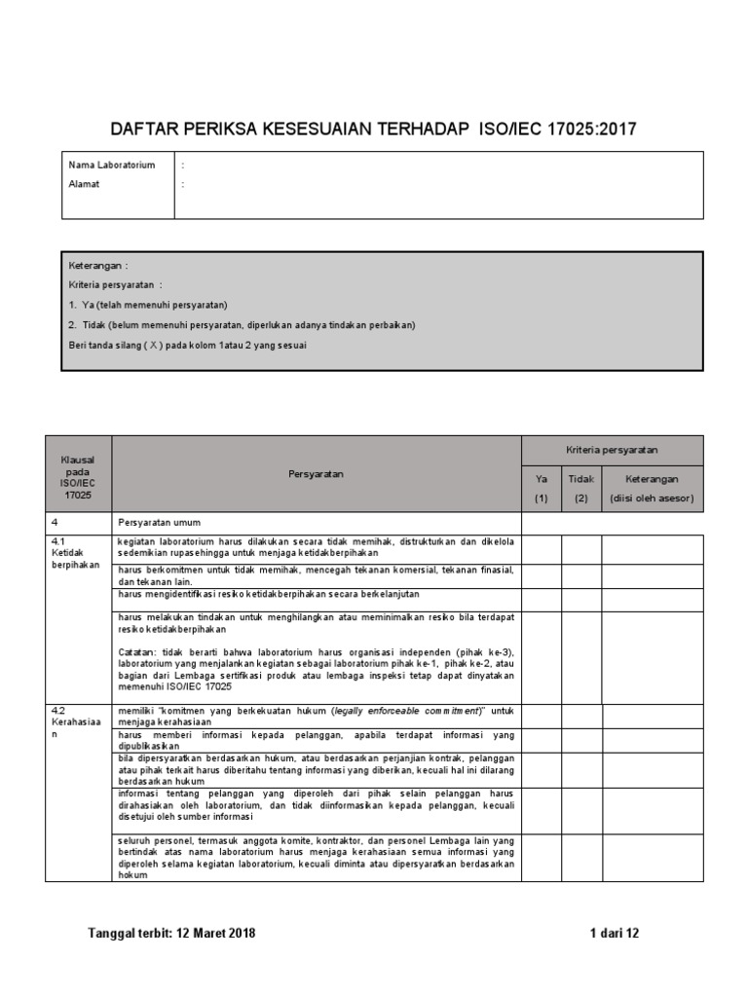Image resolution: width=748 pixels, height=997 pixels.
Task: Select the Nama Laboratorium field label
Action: [x=111, y=166]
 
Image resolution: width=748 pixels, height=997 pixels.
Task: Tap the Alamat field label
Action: [x=85, y=184]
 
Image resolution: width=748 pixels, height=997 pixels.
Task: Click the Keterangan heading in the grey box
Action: [x=97, y=266]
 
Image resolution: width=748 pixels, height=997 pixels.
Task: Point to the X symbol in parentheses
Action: [x=154, y=345]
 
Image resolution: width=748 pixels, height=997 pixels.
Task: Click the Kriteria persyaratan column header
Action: [x=612, y=450]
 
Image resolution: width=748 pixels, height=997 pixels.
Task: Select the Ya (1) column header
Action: [x=541, y=489]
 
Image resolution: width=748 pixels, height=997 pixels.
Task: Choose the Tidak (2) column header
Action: [x=580, y=489]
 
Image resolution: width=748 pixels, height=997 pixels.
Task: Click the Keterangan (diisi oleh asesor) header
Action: [x=652, y=489]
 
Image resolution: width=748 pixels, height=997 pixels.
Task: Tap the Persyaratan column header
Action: [x=316, y=474]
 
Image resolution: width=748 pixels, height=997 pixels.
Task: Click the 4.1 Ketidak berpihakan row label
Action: [x=76, y=553]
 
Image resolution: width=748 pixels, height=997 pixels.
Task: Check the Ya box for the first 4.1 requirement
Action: [x=541, y=548]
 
